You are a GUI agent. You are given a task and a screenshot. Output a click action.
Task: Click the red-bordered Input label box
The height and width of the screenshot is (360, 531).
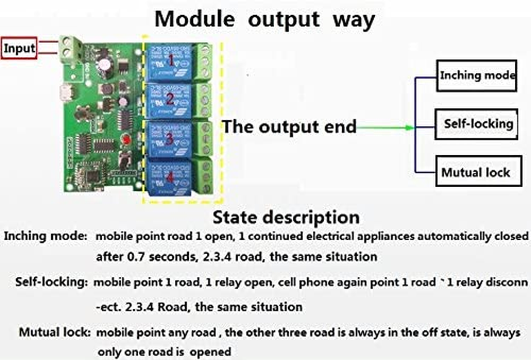click(19, 49)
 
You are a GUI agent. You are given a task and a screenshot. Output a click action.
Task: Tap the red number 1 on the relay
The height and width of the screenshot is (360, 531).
click(171, 59)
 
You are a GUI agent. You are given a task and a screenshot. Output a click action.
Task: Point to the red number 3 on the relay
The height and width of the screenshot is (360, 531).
click(169, 139)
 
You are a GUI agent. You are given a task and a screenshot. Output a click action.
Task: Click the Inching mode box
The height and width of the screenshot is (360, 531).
click(477, 75)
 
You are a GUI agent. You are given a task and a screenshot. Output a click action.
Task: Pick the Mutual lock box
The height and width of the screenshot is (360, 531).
click(478, 172)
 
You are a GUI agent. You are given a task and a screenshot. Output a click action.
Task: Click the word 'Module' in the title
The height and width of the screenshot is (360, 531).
click(194, 19)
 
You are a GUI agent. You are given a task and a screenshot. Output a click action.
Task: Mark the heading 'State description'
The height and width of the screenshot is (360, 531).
click(286, 217)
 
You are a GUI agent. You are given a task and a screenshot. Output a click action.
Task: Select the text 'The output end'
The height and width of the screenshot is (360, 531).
click(290, 127)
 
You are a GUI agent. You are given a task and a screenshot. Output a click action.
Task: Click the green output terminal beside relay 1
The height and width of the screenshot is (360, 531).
click(204, 61)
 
